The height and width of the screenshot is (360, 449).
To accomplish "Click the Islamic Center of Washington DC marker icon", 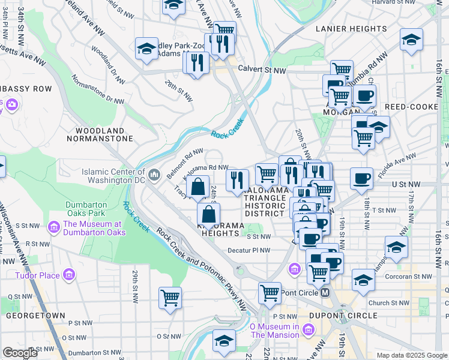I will point(154,175).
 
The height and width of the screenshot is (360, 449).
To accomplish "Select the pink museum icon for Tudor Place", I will point(69,275).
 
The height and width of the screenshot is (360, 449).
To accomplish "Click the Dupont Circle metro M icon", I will point(325,292).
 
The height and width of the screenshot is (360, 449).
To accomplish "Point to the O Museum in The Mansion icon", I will point(309,329).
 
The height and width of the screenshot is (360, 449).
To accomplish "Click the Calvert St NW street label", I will point(262,70).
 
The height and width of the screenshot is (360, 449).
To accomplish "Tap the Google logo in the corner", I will point(20,353).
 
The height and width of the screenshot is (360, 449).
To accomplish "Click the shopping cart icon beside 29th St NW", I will point(170,296).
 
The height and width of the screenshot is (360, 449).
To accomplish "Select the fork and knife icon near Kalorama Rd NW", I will point(238,179).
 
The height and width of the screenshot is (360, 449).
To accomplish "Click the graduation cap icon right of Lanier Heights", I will point(411,40).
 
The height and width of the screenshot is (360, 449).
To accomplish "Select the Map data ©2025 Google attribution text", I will point(411,355).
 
